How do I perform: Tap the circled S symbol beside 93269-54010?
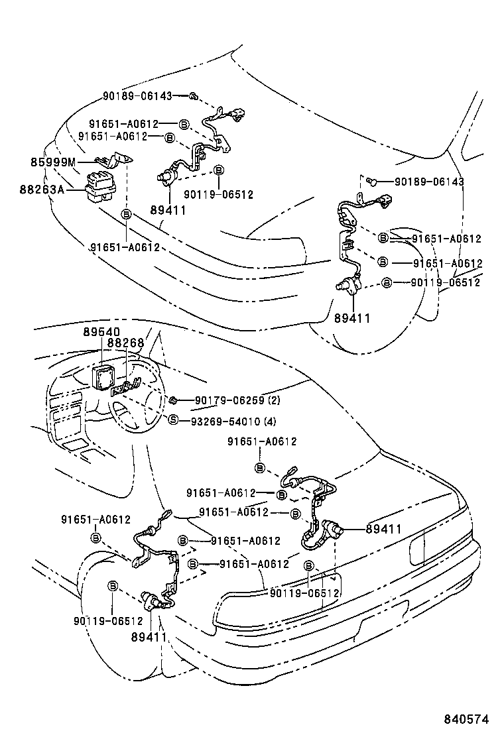pos(173,420)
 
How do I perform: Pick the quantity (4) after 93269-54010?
pos(271,421)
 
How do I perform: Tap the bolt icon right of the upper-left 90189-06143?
pos(192,97)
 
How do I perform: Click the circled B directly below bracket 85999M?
pos(126,213)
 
